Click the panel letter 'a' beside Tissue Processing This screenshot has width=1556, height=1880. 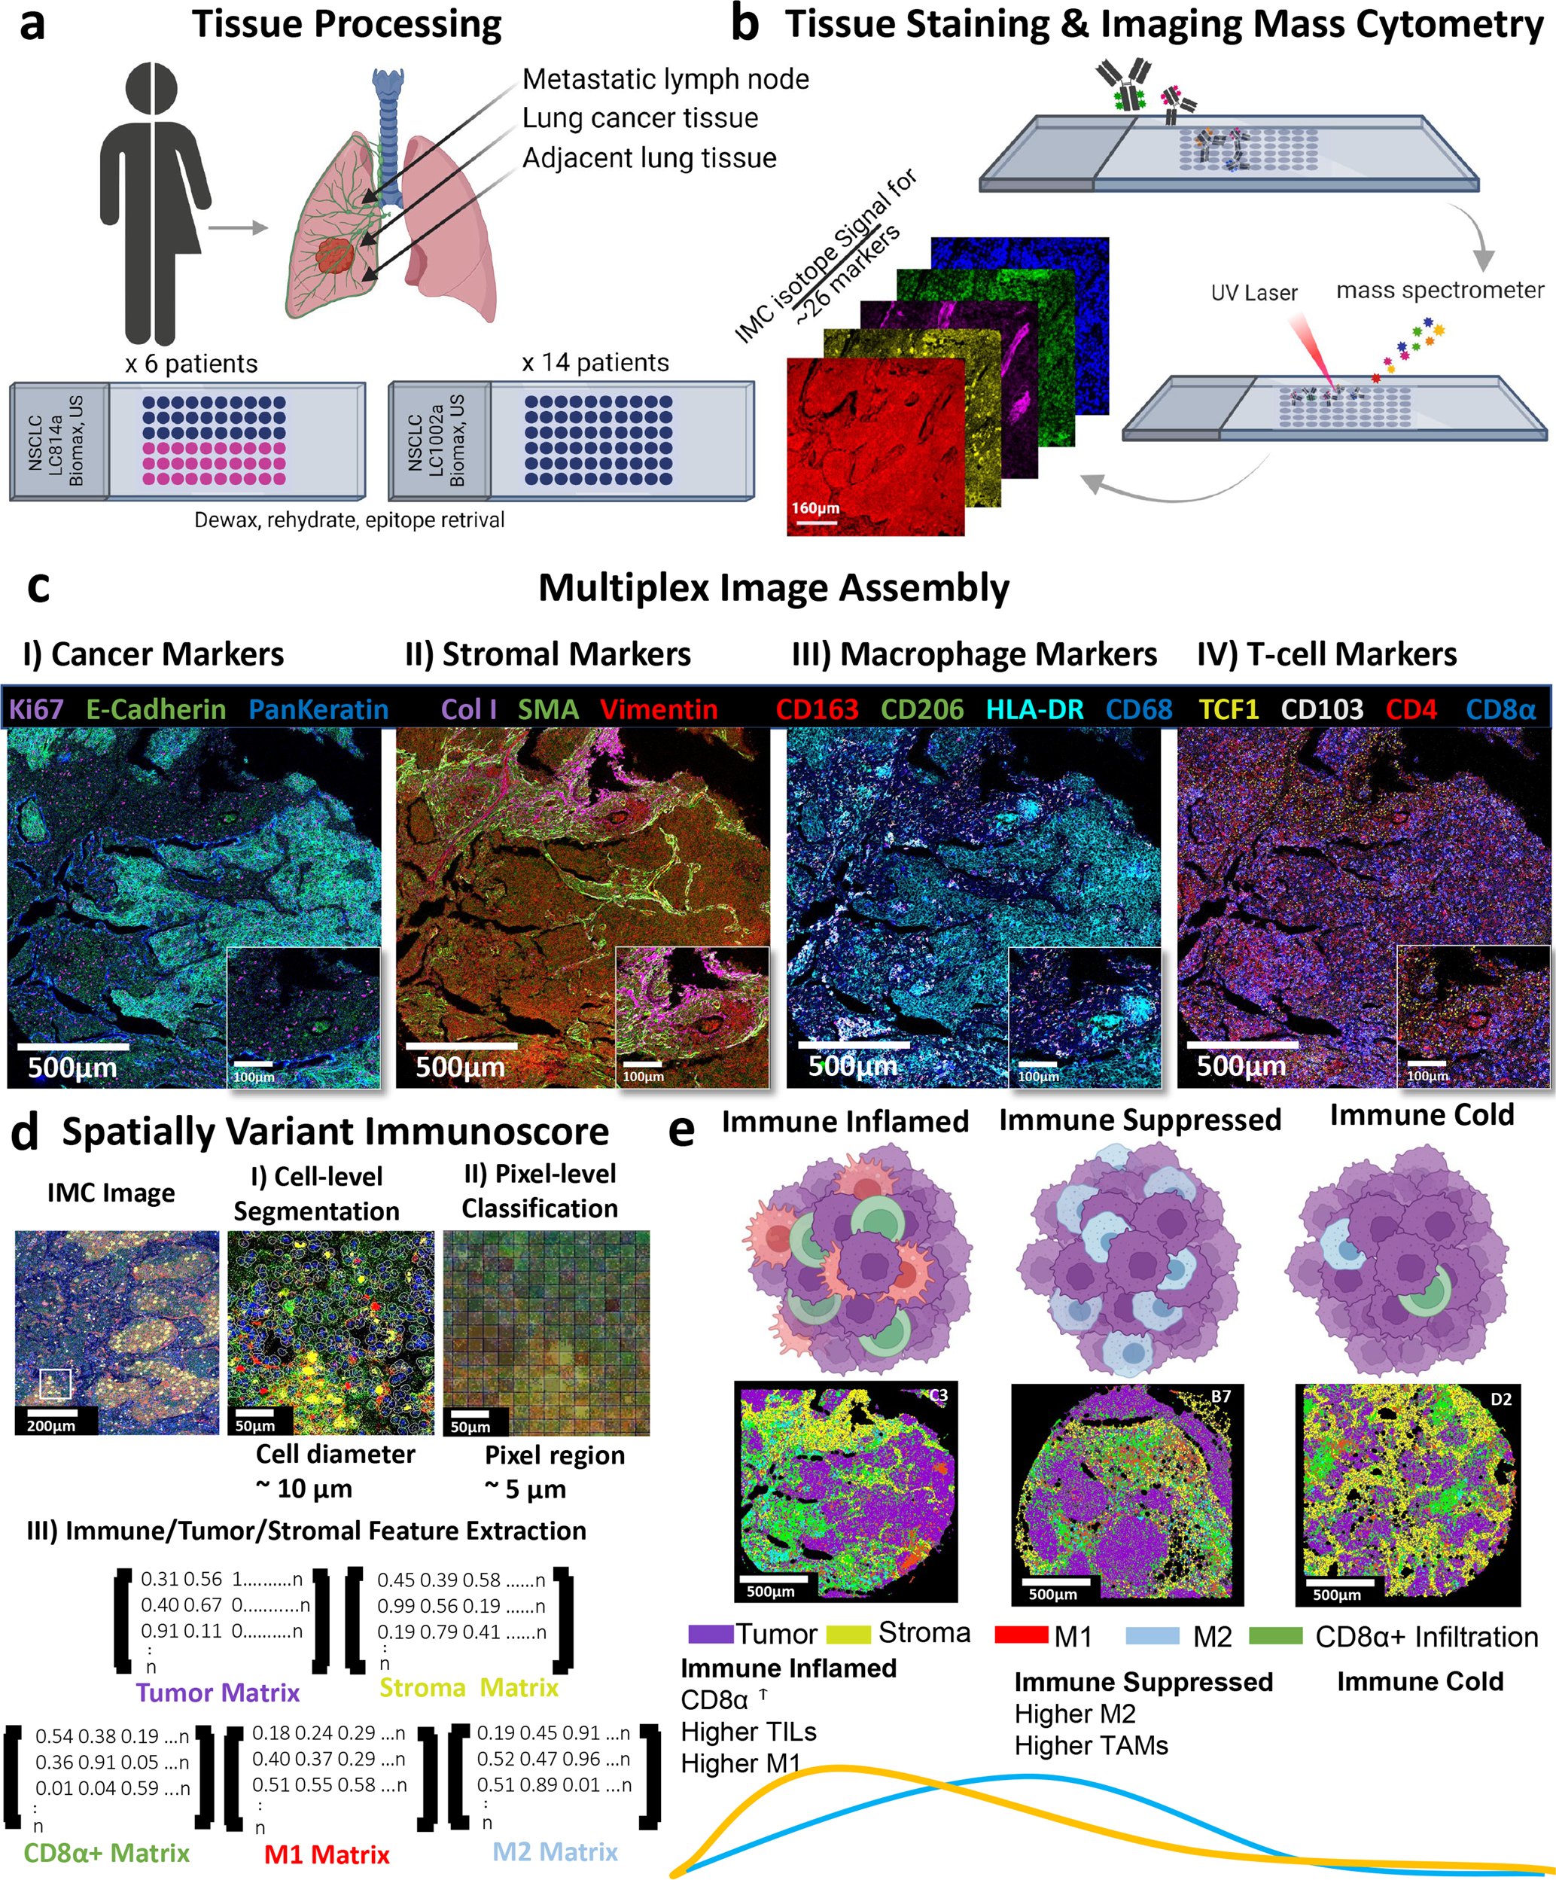click(32, 25)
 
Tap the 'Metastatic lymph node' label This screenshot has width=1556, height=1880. click(665, 79)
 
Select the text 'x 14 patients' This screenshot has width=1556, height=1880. click(595, 363)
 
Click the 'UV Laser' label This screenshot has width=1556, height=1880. click(1253, 293)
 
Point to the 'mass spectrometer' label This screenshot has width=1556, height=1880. click(1439, 290)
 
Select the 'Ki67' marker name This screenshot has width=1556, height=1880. click(37, 709)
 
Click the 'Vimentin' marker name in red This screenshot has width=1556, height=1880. click(658, 709)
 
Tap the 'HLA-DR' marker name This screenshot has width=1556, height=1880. click(1034, 709)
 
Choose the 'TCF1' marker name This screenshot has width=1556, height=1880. click(1229, 709)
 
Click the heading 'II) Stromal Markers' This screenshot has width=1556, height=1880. click(547, 654)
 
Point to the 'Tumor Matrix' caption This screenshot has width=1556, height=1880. click(218, 1692)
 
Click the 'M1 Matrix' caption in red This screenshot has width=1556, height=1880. click(327, 1854)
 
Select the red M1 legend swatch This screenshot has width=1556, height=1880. click(1021, 1635)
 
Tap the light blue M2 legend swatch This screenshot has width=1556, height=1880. click(1153, 1635)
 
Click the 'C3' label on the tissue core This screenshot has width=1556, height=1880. click(937, 1396)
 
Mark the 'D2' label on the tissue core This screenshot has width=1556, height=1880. click(1500, 1398)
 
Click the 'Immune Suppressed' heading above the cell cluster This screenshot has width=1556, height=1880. click(1140, 1120)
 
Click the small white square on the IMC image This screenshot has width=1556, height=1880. click(55, 1383)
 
